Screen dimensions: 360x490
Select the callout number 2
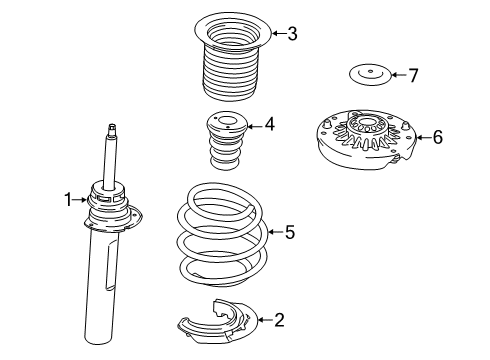(x=279, y=321)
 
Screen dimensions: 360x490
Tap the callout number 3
(x=292, y=34)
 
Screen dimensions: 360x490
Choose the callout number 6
(x=436, y=137)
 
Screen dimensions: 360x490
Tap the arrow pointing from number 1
(x=83, y=200)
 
